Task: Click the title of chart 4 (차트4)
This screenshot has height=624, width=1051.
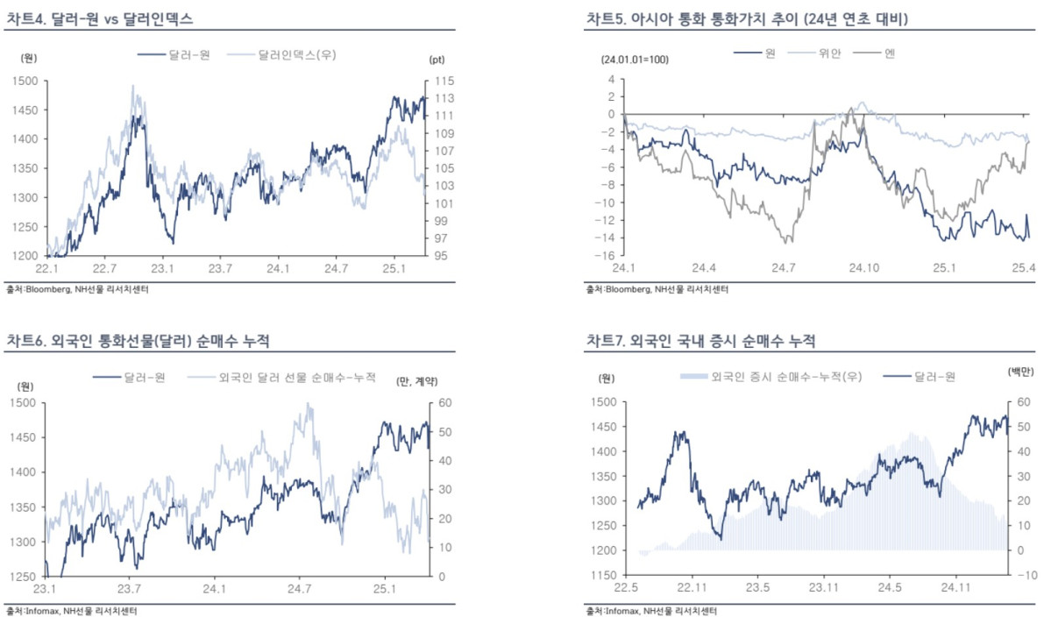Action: pyautogui.click(x=100, y=18)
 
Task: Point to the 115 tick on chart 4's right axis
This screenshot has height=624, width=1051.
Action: pyautogui.click(x=442, y=81)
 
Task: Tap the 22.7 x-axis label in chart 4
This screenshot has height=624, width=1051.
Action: pyautogui.click(x=104, y=268)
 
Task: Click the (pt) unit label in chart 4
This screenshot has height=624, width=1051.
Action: pyautogui.click(x=437, y=59)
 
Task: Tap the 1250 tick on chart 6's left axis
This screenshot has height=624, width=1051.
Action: pyautogui.click(x=23, y=577)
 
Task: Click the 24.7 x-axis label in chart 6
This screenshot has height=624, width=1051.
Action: pyautogui.click(x=301, y=589)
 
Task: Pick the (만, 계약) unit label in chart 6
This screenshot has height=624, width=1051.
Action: pyautogui.click(x=416, y=380)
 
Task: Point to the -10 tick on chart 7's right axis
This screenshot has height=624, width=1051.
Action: pyautogui.click(x=1023, y=575)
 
